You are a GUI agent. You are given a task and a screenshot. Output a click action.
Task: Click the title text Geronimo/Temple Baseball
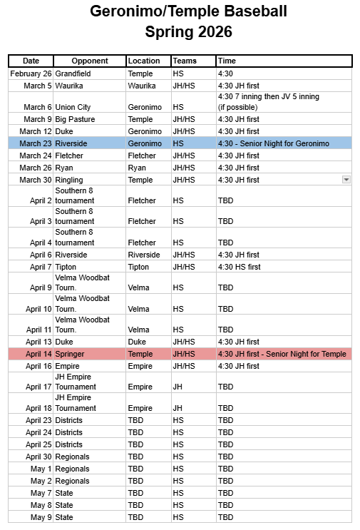188,11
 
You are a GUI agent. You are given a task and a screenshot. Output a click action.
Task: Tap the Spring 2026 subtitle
188,31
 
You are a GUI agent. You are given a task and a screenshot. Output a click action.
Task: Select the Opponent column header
90,61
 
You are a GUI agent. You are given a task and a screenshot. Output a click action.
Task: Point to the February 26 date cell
31,73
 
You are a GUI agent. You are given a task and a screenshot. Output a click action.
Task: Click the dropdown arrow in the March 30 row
346,180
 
